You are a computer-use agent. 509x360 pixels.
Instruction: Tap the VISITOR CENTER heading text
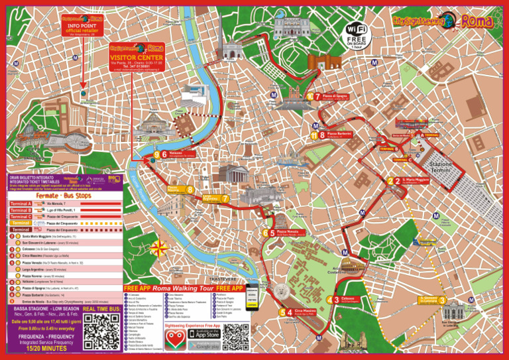click(137, 57)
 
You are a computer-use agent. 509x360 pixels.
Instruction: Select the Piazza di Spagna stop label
click(335, 97)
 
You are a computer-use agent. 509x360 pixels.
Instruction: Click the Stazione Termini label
click(440, 167)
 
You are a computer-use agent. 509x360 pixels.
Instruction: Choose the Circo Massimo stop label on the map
click(306, 311)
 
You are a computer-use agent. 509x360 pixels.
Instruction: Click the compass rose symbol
click(159, 249)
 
